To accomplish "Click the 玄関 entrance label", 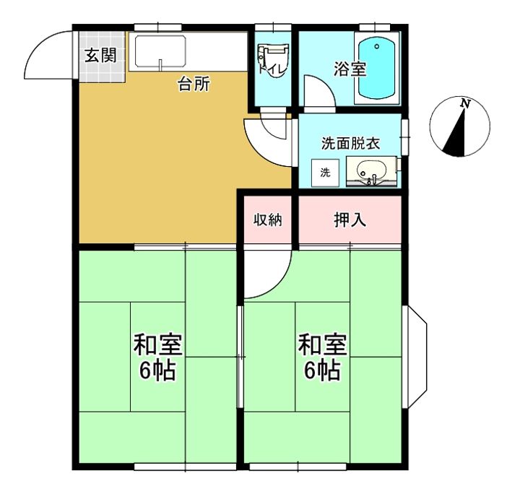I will click(x=100, y=56).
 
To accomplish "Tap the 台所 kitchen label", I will click(x=194, y=84).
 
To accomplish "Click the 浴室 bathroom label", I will click(x=350, y=69).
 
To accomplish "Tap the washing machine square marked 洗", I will click(x=325, y=172).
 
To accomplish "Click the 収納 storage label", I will click(x=266, y=220).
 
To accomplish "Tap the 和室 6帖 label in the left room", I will click(x=157, y=357).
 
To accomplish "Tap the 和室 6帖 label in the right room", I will click(x=323, y=357).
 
